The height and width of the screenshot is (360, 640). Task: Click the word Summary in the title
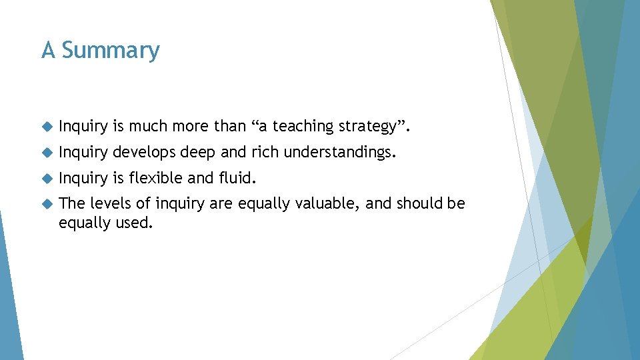(x=111, y=51)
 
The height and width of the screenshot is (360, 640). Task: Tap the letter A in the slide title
(x=48, y=51)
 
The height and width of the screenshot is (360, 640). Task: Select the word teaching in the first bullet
(x=305, y=126)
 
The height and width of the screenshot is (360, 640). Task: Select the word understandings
(x=340, y=153)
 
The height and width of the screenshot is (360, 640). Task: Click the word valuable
(x=323, y=203)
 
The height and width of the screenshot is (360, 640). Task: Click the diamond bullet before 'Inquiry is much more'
(x=46, y=127)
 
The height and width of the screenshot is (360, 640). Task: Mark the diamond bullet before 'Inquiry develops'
(x=46, y=153)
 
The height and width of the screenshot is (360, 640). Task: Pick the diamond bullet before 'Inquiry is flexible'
(x=46, y=179)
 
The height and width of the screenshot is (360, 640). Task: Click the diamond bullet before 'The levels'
(x=46, y=204)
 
